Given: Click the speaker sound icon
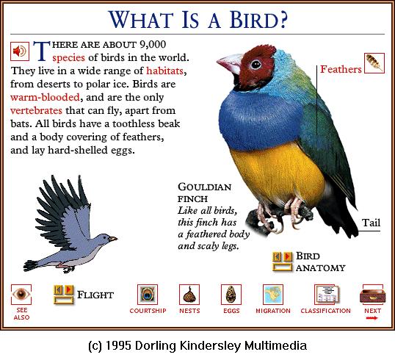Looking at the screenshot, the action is [20, 51].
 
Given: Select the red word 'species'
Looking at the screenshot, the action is [68, 58].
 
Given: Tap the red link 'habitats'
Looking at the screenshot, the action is [164, 71].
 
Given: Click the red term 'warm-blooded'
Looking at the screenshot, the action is [45, 97].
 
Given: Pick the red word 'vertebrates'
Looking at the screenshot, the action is [36, 110].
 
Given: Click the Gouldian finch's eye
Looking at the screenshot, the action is [256, 65].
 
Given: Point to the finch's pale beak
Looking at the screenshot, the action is [230, 63].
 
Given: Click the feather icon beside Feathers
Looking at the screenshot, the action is [374, 63].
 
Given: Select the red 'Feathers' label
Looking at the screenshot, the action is [341, 69].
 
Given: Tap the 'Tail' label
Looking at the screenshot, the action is [371, 223].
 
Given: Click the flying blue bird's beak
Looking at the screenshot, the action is [113, 238].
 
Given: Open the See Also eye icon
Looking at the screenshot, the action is [21, 294].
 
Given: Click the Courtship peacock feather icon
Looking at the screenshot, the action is [148, 295].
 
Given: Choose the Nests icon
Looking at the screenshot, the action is [189, 295].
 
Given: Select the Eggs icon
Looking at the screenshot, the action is [231, 295].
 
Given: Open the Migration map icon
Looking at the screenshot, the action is [273, 295].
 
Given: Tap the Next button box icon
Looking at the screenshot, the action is [372, 295].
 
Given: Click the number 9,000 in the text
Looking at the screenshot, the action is [153, 45].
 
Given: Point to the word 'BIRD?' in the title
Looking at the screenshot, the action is [258, 20].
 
